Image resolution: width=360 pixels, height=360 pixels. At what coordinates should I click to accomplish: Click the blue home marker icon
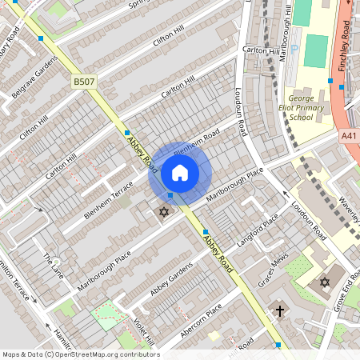tap(180, 173)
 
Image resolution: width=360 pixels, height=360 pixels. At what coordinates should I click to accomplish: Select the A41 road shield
tap(350, 137)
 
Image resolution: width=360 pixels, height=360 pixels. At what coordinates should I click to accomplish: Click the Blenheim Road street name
tap(196, 143)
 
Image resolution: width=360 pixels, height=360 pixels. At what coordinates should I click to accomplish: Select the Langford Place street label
tap(260, 230)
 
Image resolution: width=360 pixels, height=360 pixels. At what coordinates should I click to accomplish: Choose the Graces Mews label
tap(273, 274)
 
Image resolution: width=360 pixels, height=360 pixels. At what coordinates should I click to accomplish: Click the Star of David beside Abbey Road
tap(164, 212)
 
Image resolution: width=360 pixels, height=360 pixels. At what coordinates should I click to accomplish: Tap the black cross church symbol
tap(280, 310)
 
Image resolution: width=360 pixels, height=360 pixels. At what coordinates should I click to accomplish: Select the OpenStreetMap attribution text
tap(80, 354)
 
